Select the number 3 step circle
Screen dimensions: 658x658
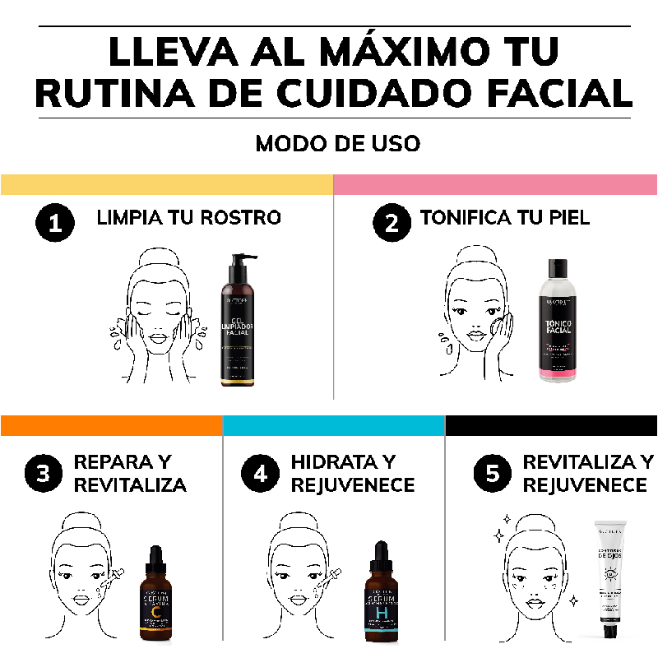pos(44,475)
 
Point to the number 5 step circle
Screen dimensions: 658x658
pos(493,475)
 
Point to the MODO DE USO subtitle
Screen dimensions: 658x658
pos(337,143)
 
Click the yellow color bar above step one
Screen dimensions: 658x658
pos(166,184)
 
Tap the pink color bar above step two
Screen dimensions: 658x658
pos(495,184)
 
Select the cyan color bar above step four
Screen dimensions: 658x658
pos(334,425)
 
